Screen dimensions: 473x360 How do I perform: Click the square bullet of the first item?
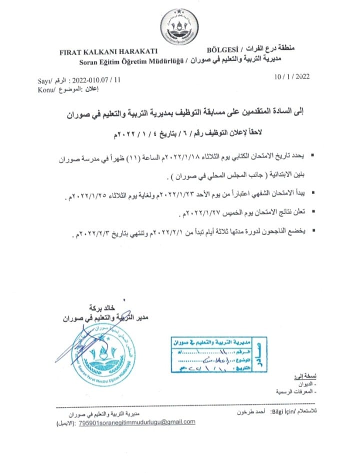click(312, 157)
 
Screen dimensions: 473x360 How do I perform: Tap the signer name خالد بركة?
click(102, 307)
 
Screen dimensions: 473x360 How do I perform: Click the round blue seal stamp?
click(106, 354)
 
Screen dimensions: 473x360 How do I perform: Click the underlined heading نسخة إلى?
click(301, 376)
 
